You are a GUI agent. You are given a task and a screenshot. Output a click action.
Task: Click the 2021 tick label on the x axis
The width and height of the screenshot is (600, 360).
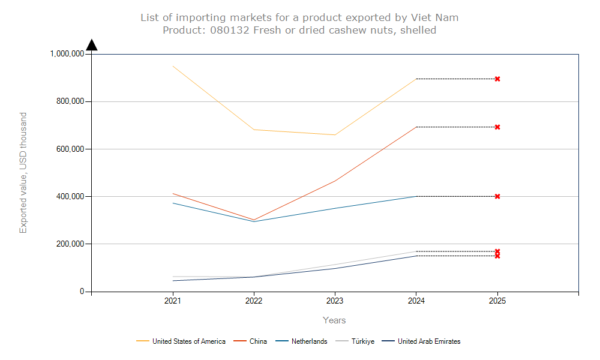pyautogui.click(x=173, y=301)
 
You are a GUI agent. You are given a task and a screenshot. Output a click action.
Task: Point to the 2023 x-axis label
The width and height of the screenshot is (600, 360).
pyautogui.click(x=335, y=301)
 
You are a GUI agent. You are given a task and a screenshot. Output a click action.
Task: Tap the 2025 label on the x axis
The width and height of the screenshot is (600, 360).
pyautogui.click(x=497, y=301)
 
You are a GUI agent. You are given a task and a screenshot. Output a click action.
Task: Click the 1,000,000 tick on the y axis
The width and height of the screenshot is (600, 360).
pyautogui.click(x=67, y=54)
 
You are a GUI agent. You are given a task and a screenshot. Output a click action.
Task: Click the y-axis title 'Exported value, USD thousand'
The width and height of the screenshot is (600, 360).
pyautogui.click(x=23, y=173)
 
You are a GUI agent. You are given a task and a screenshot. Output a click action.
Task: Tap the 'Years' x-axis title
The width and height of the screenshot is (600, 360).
pyautogui.click(x=334, y=320)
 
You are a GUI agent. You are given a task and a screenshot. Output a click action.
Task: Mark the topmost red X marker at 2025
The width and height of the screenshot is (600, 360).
pyautogui.click(x=497, y=79)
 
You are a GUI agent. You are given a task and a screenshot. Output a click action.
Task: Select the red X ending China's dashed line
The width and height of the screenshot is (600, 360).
pyautogui.click(x=497, y=127)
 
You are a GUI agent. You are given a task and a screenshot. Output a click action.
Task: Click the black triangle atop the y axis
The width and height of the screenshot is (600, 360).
pyautogui.click(x=91, y=45)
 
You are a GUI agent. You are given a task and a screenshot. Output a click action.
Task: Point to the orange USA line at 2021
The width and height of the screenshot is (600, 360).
pyautogui.click(x=173, y=66)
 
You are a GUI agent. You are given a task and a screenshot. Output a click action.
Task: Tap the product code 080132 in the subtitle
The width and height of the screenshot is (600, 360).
pyautogui.click(x=230, y=30)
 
